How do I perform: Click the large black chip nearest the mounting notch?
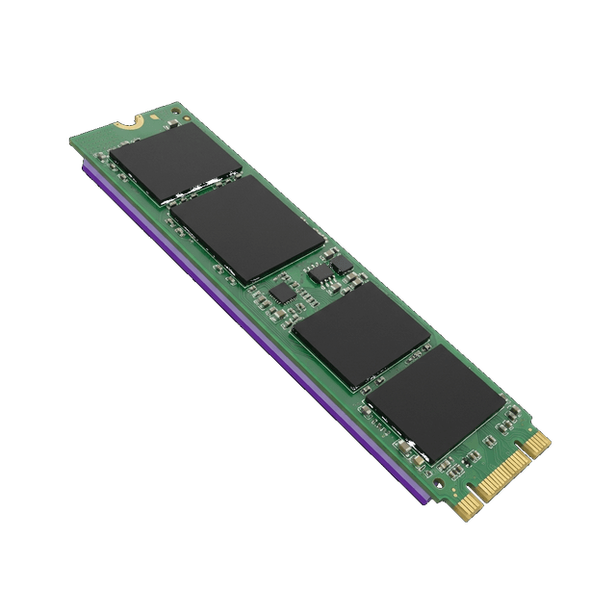(x=175, y=164)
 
